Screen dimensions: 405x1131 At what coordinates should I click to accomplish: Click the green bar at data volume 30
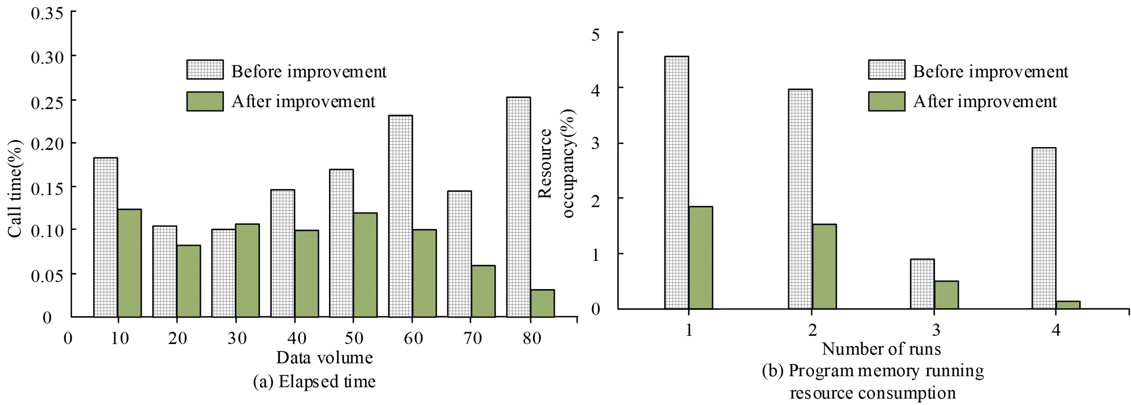coord(247,270)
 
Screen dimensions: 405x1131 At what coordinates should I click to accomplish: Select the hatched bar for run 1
coord(677,182)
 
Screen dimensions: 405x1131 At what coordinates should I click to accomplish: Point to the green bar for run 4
coord(1068,305)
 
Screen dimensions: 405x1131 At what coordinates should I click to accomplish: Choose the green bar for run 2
coord(824,266)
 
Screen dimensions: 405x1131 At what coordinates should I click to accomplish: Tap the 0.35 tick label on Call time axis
coord(47,13)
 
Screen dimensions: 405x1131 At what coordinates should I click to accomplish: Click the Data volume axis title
coord(324,358)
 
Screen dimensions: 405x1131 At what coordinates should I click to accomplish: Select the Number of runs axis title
coord(881,349)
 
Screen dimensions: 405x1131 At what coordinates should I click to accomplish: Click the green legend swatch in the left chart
coord(205,101)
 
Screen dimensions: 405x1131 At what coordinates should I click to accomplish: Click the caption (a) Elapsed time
coord(314,381)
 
